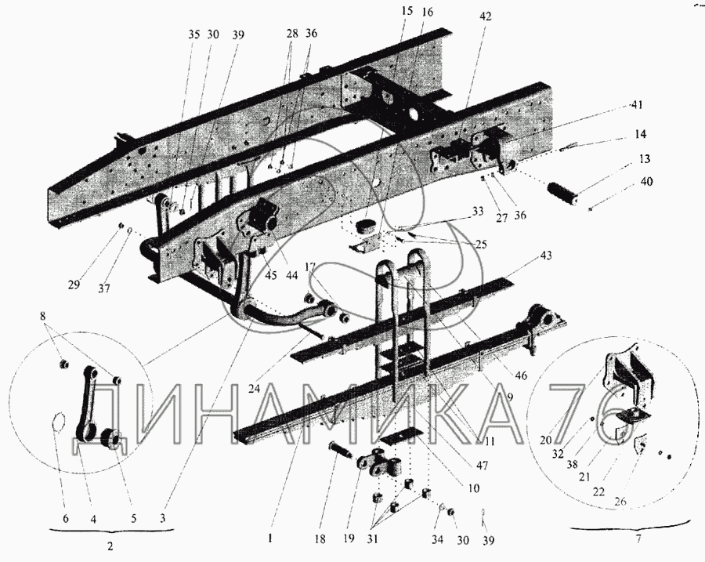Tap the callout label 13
(644, 159)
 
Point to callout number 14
(641, 135)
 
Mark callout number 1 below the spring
(270, 539)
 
